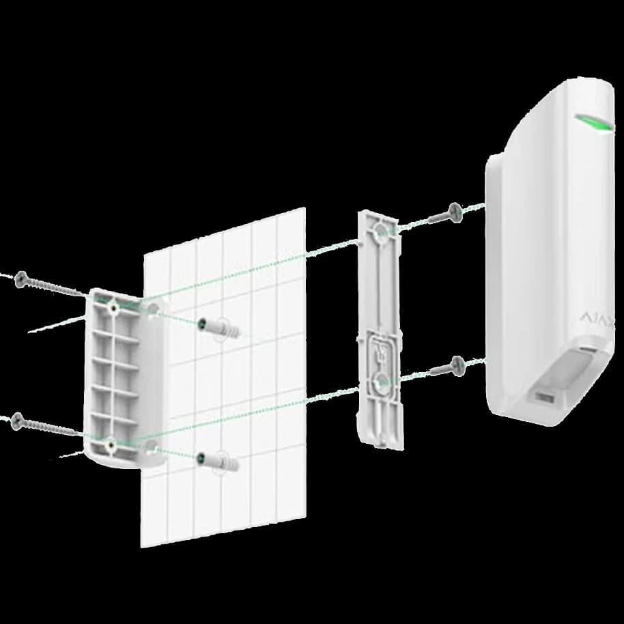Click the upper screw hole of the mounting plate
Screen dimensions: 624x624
pyautogui.click(x=379, y=235)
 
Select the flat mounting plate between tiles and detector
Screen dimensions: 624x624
pyautogui.click(x=380, y=328)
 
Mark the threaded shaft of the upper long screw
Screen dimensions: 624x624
pyautogui.click(x=58, y=288)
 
